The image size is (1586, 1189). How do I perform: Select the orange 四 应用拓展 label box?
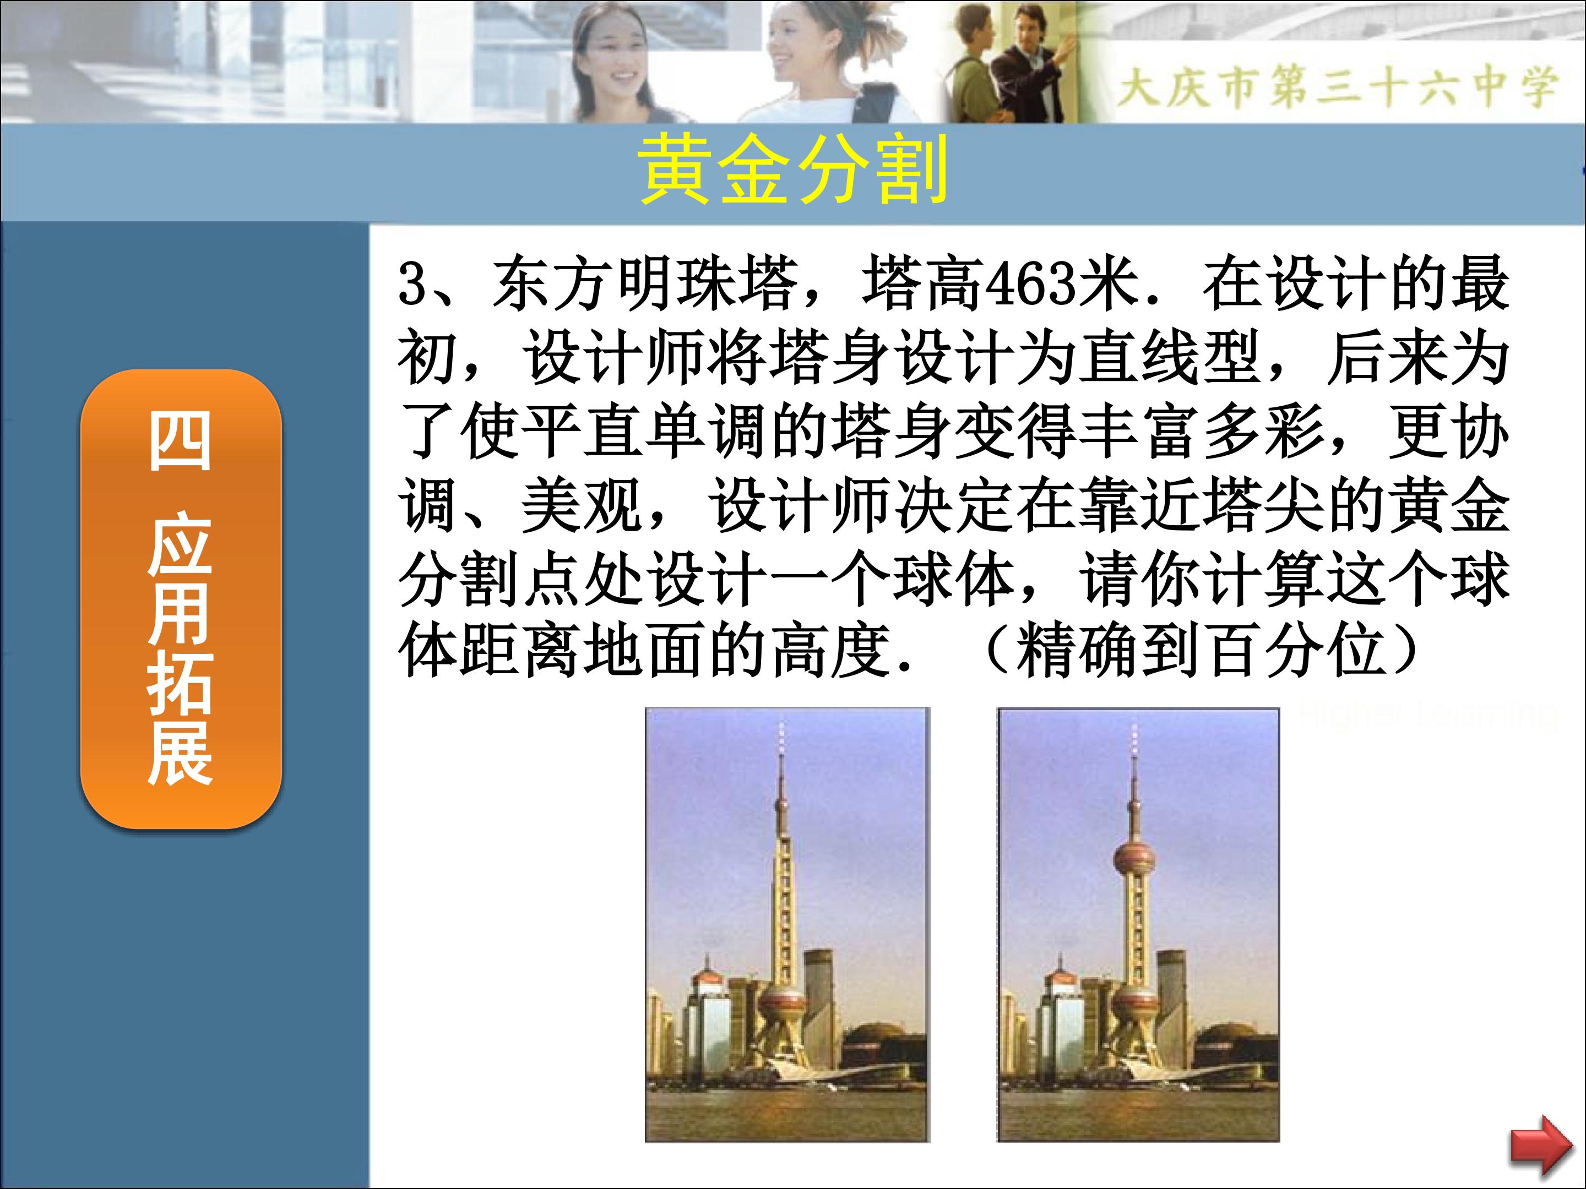(180, 599)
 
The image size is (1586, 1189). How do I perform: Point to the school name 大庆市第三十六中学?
(1337, 87)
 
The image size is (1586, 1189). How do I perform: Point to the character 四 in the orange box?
(180, 441)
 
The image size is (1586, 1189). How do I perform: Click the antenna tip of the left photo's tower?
(781, 726)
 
